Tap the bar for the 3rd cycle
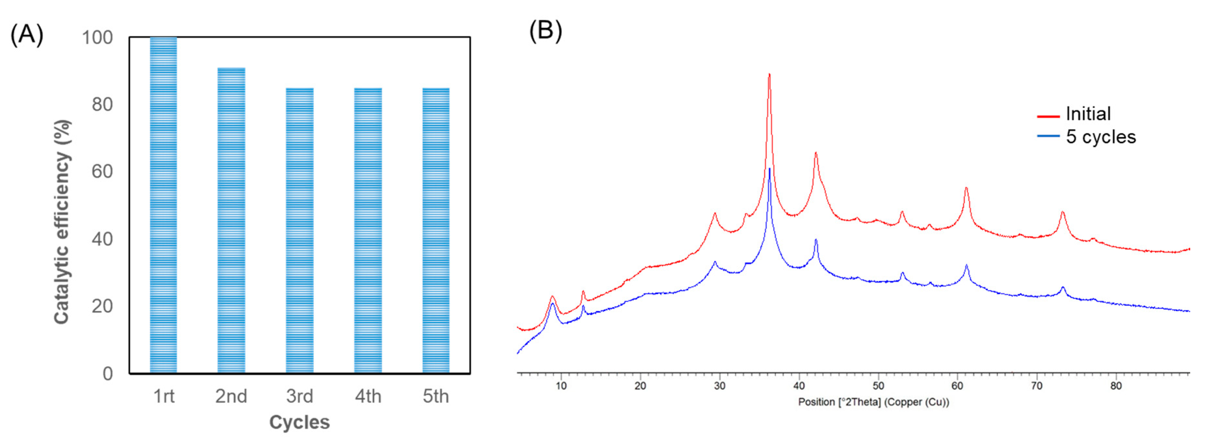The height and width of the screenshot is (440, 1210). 300,230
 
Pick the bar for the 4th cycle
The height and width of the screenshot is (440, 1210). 368,230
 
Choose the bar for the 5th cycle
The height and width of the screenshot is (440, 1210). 436,230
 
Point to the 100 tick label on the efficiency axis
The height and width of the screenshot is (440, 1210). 97,38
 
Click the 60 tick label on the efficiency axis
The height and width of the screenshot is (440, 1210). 102,172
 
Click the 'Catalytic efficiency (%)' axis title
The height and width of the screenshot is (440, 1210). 62,222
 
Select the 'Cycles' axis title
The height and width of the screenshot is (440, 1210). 299,422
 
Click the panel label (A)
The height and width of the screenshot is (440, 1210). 27,35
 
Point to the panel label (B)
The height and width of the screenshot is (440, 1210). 545,31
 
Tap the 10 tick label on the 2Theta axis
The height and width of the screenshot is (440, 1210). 561,386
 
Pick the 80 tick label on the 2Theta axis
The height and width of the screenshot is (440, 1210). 1116,386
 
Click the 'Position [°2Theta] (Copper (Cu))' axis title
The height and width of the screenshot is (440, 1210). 873,402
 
